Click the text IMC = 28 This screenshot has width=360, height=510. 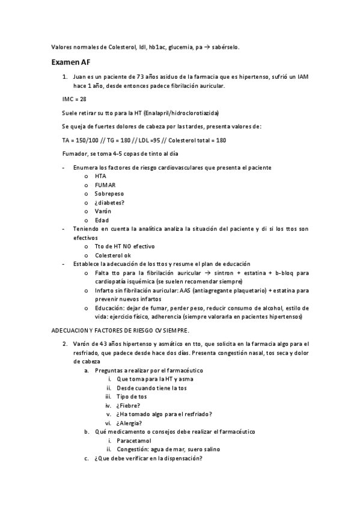(74, 99)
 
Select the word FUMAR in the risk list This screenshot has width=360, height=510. (105, 185)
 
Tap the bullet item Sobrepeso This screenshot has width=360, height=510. (108, 194)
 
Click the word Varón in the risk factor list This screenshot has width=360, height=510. (103, 211)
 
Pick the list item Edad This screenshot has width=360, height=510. (102, 220)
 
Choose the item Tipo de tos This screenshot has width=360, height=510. (132, 397)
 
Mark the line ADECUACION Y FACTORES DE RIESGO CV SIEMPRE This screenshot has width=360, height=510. (121, 330)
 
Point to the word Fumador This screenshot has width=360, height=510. (75, 154)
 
